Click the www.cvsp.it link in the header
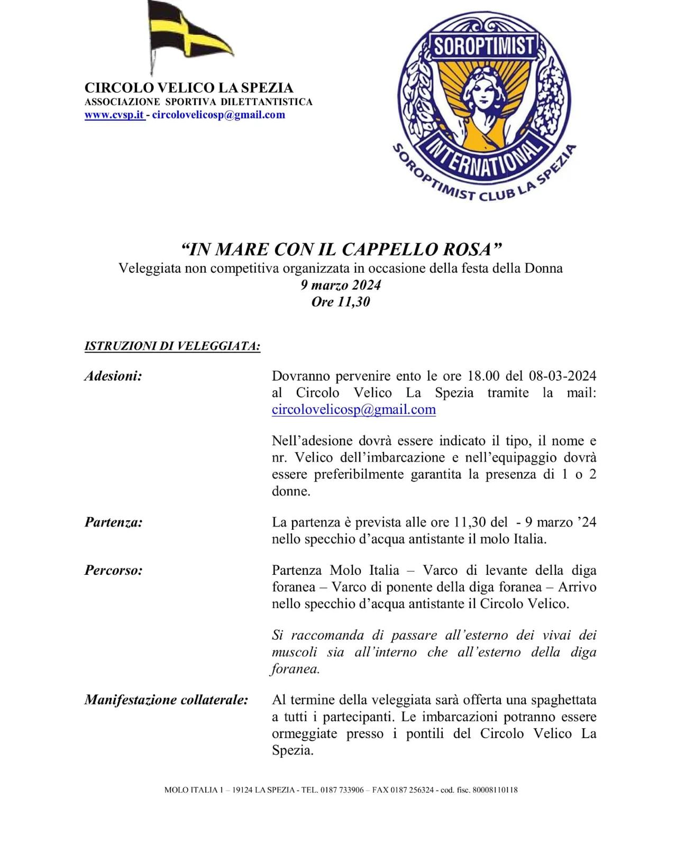114,115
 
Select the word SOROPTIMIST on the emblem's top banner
483,47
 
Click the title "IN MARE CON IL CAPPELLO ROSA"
341,249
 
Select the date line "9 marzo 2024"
341,285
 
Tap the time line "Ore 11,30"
341,302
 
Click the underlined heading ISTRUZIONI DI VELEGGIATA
172,346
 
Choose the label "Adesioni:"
113,376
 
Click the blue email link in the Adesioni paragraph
353,410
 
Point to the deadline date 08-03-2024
562,376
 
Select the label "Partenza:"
113,522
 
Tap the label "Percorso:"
113,571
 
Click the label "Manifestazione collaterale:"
166,700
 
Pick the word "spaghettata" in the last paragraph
562,700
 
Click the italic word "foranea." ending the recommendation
296,669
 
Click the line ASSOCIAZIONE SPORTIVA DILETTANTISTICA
198,102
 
